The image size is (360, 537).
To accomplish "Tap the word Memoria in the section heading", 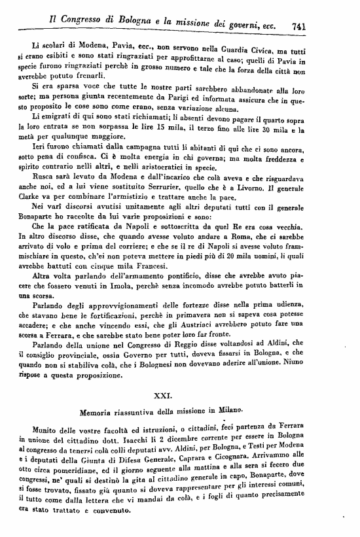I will [x=99, y=414].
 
